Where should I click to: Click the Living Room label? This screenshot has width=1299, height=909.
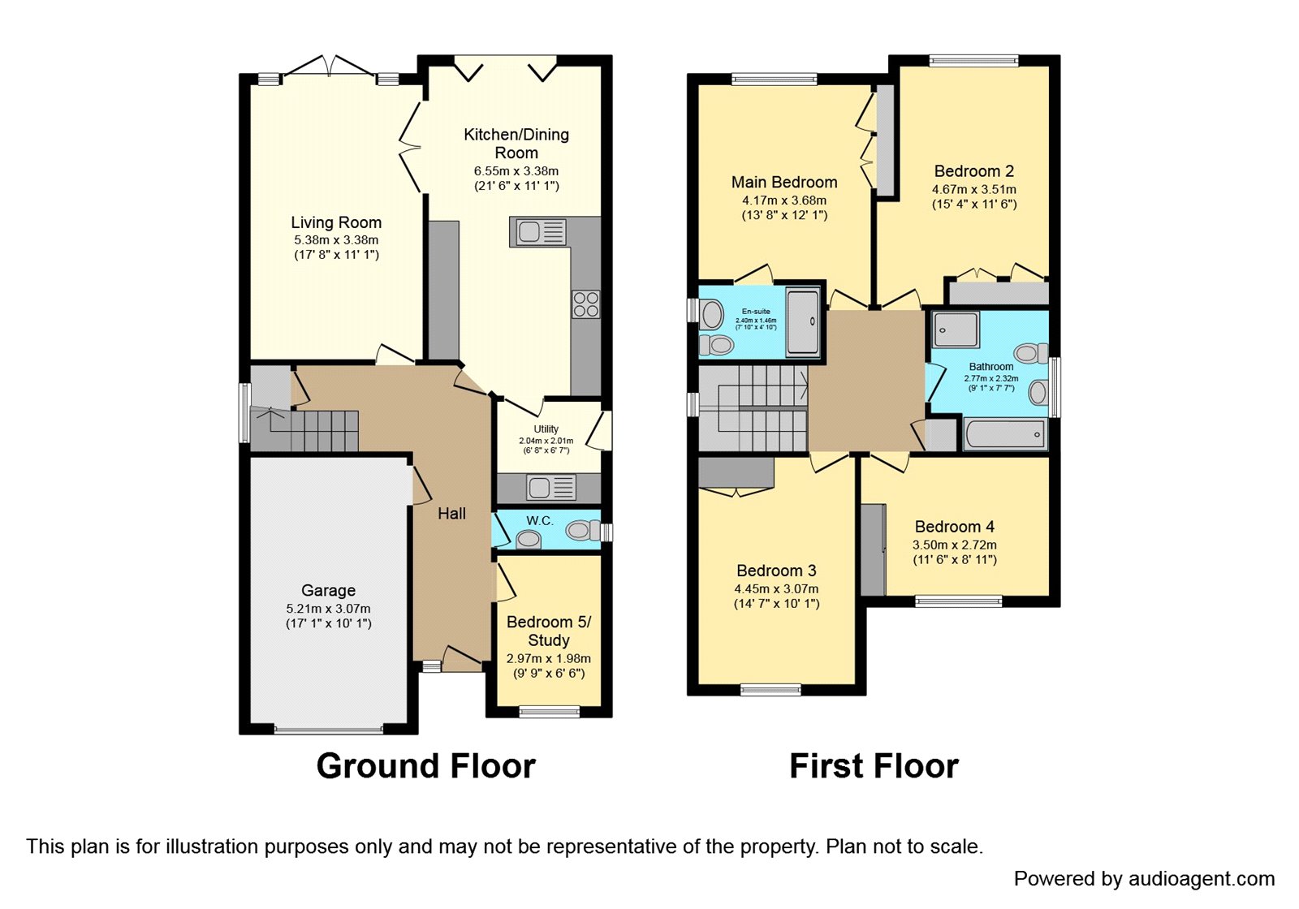[x=336, y=222]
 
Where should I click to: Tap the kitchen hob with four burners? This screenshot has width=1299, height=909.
[x=586, y=304]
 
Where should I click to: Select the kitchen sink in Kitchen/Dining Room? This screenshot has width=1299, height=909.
[x=538, y=232]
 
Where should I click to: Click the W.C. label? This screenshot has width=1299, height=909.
[x=539, y=521]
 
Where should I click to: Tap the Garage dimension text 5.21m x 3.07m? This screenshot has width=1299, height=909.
[x=328, y=609]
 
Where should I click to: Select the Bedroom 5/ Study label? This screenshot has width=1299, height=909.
[x=549, y=631]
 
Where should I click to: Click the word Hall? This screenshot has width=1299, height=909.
[x=451, y=513]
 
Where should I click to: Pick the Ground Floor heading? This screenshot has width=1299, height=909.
[x=425, y=765]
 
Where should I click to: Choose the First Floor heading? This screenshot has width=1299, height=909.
[x=874, y=765]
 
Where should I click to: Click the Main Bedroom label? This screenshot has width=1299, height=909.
[x=783, y=182]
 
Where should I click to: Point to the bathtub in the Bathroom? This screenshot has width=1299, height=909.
[x=1004, y=434]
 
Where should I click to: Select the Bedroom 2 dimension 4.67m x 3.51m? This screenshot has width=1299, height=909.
[x=973, y=189]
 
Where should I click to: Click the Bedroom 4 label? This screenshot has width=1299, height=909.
[x=954, y=527]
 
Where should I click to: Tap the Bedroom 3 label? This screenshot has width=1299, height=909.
[x=776, y=571]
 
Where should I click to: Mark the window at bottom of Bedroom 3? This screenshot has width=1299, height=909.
[x=770, y=691]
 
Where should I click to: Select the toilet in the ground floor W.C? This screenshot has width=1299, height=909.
[x=581, y=531]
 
